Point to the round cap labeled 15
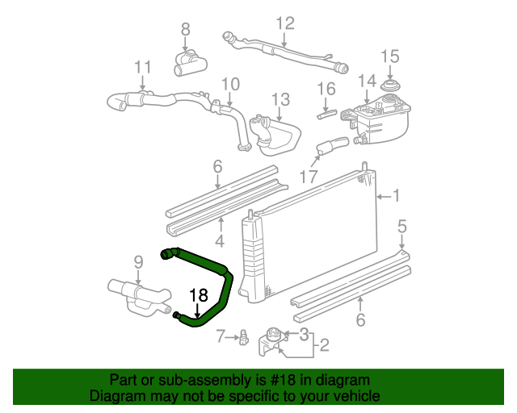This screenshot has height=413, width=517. (390, 85)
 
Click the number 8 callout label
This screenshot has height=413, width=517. (185, 30)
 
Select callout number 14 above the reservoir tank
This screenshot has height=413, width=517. (368, 81)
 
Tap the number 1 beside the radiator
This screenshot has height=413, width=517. (396, 195)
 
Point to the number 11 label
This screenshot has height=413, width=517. (142, 66)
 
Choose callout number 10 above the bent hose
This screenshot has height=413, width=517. (230, 83)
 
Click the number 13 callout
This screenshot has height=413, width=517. (280, 100)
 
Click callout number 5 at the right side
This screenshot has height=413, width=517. (402, 227)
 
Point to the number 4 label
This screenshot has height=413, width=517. (220, 240)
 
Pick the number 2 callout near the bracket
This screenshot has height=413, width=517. (323, 346)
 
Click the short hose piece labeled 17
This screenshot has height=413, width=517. (331, 147)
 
